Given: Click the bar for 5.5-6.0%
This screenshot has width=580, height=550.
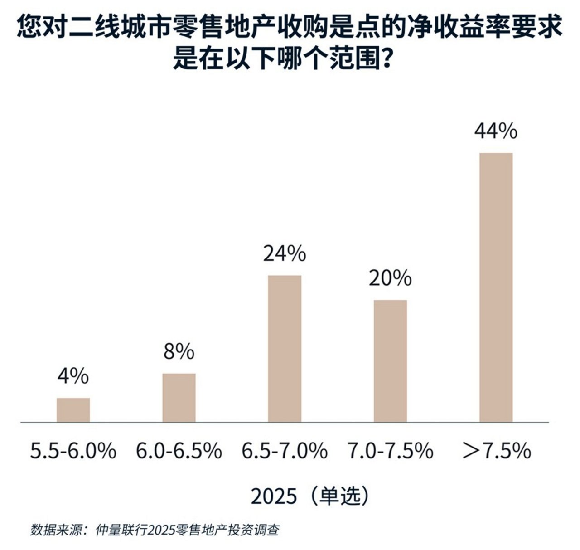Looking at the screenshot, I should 73,410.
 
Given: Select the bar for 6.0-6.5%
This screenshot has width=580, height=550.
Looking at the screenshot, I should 179,398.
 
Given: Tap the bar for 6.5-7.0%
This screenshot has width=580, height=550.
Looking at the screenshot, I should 285,349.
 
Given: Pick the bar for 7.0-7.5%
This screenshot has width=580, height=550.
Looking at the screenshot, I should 390,361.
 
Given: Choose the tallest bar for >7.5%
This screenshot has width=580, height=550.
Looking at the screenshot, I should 496,287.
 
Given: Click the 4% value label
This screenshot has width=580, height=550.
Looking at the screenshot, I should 73,376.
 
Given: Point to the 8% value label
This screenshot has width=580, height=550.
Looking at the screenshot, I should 179,352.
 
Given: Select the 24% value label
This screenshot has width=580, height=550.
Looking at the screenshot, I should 285,254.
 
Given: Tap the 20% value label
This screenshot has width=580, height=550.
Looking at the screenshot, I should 390,278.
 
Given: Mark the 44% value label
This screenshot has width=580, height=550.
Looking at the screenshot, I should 496,131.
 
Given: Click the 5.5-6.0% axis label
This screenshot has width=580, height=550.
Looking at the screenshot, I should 73,451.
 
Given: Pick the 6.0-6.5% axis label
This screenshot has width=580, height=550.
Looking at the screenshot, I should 179,451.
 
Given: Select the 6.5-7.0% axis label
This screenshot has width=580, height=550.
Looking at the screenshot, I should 285,451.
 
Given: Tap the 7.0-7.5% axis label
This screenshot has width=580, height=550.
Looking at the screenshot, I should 390,451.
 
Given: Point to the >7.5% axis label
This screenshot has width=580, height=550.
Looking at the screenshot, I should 496,451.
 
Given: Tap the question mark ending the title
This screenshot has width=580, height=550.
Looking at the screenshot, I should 384,59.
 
